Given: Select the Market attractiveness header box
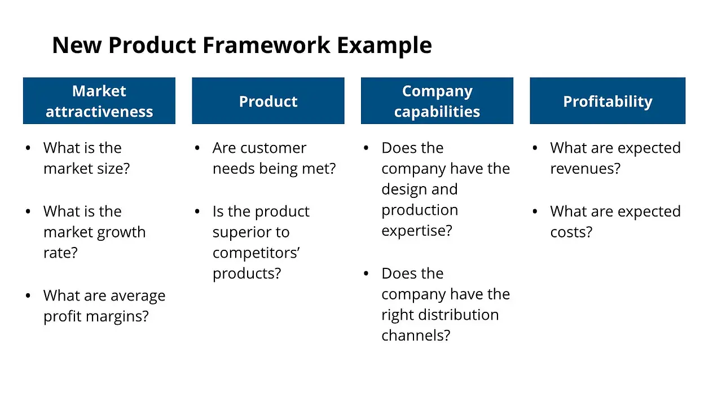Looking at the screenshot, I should point(99,101).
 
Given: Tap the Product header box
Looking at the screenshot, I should point(268,101).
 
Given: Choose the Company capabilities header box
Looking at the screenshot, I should point(437,101).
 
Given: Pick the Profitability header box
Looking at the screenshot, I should point(607,101).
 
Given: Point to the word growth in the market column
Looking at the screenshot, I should point(118,232).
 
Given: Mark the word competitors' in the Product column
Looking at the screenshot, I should point(256,253).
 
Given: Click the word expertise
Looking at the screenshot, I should point(416,231).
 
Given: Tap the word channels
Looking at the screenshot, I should point(416,336).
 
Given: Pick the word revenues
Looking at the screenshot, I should point(585,169).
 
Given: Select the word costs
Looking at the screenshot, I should point(571,232).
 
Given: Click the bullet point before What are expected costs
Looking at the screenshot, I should point(535,211).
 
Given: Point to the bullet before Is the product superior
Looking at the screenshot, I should point(197,211).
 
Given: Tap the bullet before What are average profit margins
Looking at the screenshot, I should point(28,296).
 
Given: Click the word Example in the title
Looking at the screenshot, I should point(385,45).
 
